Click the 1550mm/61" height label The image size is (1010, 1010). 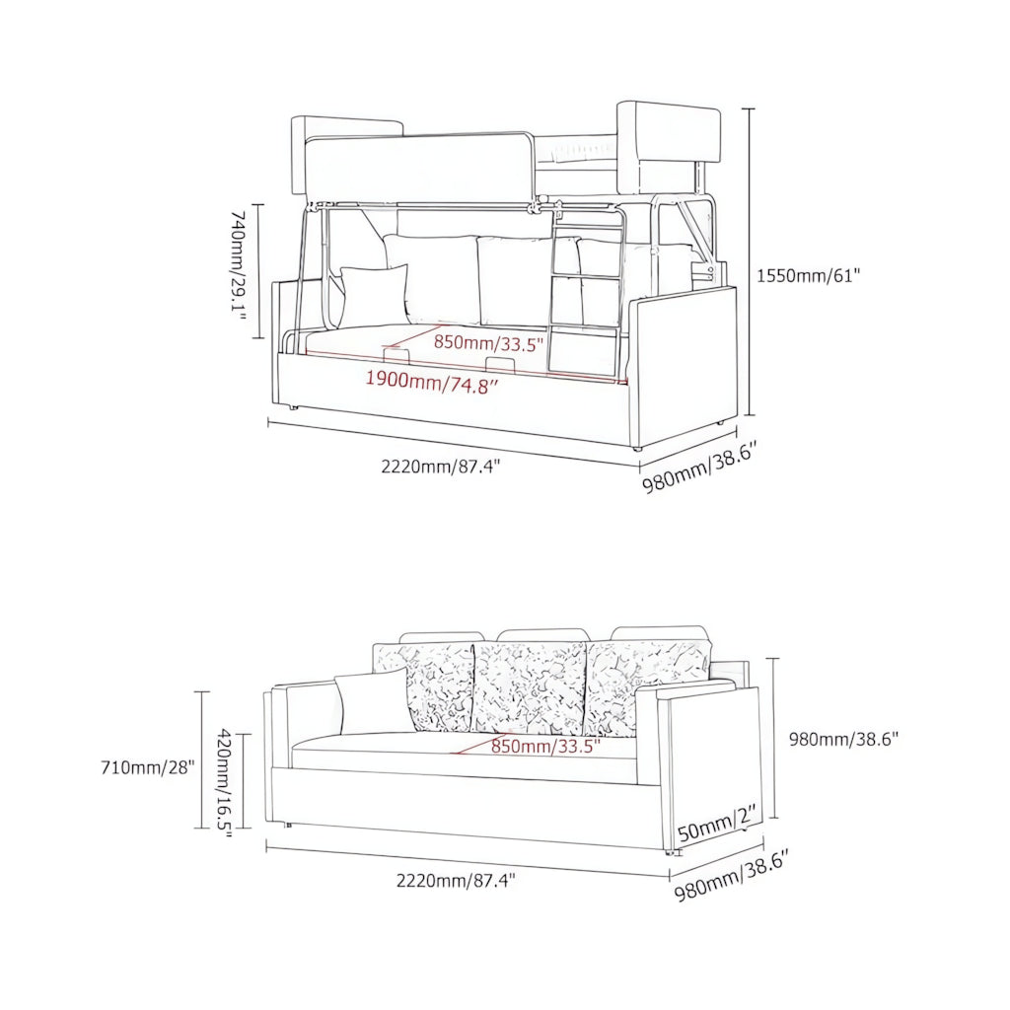click(809, 276)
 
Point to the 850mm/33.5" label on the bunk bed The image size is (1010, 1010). click(488, 343)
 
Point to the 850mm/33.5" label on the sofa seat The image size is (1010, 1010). click(545, 747)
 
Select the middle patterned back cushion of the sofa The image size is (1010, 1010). click(530, 686)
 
